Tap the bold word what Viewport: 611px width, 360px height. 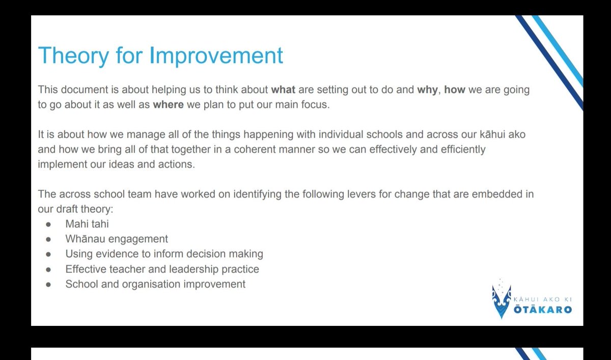[283, 90]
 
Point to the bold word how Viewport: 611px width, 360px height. [455, 90]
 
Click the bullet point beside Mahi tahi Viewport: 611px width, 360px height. [48, 224]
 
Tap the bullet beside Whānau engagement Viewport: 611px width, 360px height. [48, 239]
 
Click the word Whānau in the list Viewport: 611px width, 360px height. [84, 239]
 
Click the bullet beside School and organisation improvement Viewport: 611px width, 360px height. [48, 285]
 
